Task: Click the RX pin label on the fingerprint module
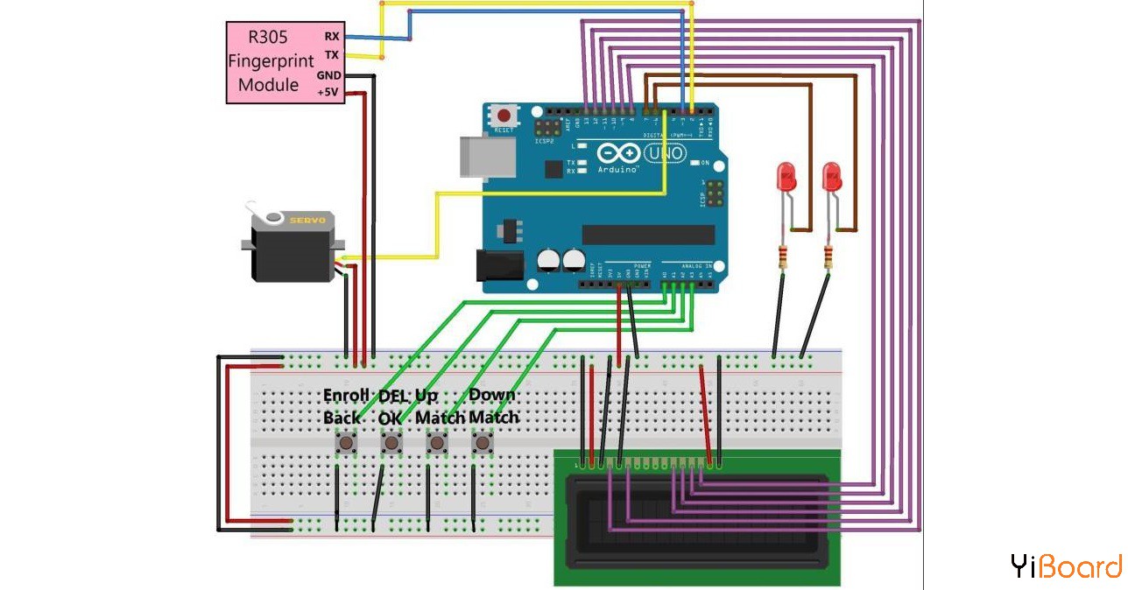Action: (x=332, y=37)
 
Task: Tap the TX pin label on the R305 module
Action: (x=332, y=55)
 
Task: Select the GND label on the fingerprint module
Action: (x=329, y=75)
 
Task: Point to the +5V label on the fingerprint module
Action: (x=328, y=92)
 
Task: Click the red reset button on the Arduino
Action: (x=504, y=115)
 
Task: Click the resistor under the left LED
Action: (x=782, y=256)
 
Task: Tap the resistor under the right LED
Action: (x=828, y=256)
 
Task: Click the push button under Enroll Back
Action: (x=347, y=445)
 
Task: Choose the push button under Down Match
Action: (x=482, y=445)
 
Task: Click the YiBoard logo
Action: (x=1065, y=566)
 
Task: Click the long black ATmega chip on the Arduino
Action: (x=648, y=234)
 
